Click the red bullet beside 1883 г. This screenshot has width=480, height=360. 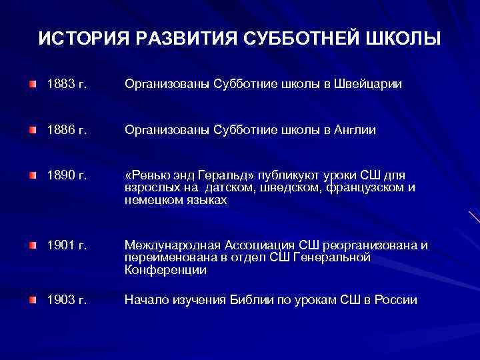pos(33,85)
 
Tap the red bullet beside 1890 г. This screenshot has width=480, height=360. pos(33,177)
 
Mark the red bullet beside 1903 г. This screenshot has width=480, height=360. pos(33,300)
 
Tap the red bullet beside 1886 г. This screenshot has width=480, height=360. pos(33,131)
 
